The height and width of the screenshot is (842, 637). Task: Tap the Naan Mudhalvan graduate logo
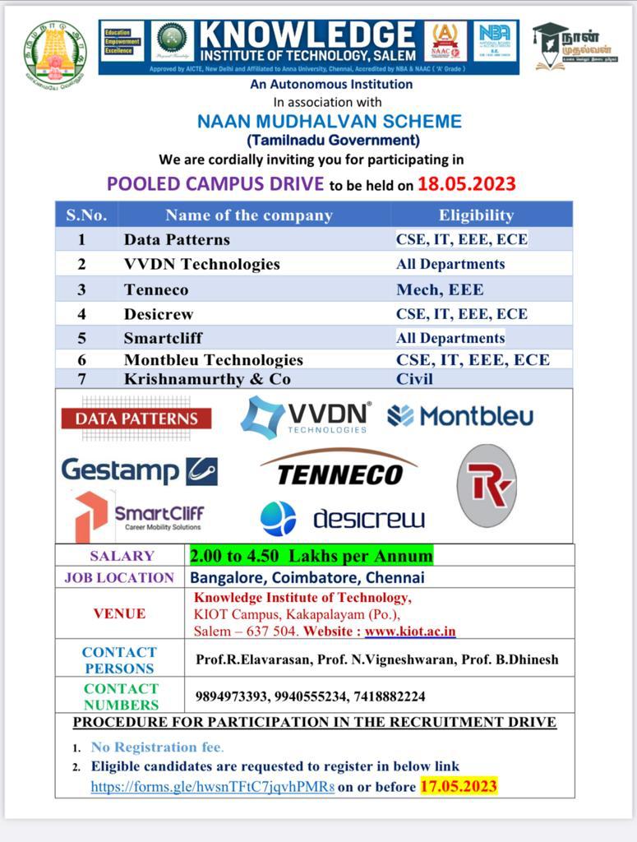(576, 48)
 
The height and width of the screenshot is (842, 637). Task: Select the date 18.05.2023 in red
(466, 183)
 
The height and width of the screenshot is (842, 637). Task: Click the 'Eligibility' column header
(476, 215)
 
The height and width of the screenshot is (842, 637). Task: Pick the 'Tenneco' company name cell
(156, 289)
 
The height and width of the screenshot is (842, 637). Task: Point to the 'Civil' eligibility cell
(414, 379)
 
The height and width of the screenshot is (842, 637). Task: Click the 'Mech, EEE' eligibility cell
(440, 289)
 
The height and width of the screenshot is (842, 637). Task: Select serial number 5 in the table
(82, 338)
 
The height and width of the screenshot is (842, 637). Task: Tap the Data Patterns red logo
(136, 419)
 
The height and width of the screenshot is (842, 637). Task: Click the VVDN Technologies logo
(306, 418)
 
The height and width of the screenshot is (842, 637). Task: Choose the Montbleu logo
(460, 416)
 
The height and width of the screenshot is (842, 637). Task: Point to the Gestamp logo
(139, 470)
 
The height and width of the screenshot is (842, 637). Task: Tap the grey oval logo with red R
(487, 485)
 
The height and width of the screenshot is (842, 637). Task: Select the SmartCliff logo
(140, 516)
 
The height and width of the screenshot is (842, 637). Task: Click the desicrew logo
(343, 519)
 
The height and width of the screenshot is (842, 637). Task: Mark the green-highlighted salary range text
(311, 556)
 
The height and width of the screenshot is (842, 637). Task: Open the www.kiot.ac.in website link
(410, 631)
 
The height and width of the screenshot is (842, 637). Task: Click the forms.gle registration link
(212, 787)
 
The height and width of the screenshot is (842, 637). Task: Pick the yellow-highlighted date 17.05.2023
(459, 786)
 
